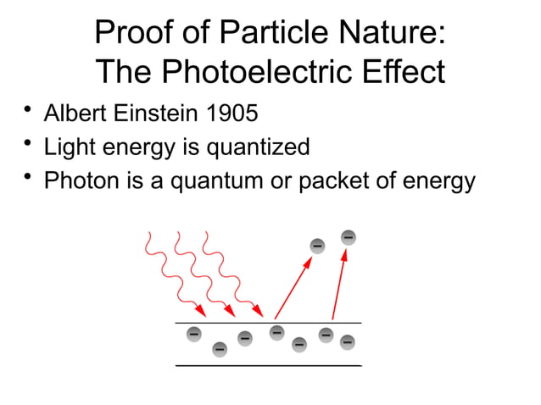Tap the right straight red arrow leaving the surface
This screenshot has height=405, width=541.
click(339, 284)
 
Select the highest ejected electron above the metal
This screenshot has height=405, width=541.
click(348, 236)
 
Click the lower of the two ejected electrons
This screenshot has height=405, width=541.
click(317, 246)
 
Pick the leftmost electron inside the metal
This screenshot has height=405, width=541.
click(193, 335)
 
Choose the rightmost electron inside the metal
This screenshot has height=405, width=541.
click(347, 342)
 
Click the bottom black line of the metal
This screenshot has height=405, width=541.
click(268, 365)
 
